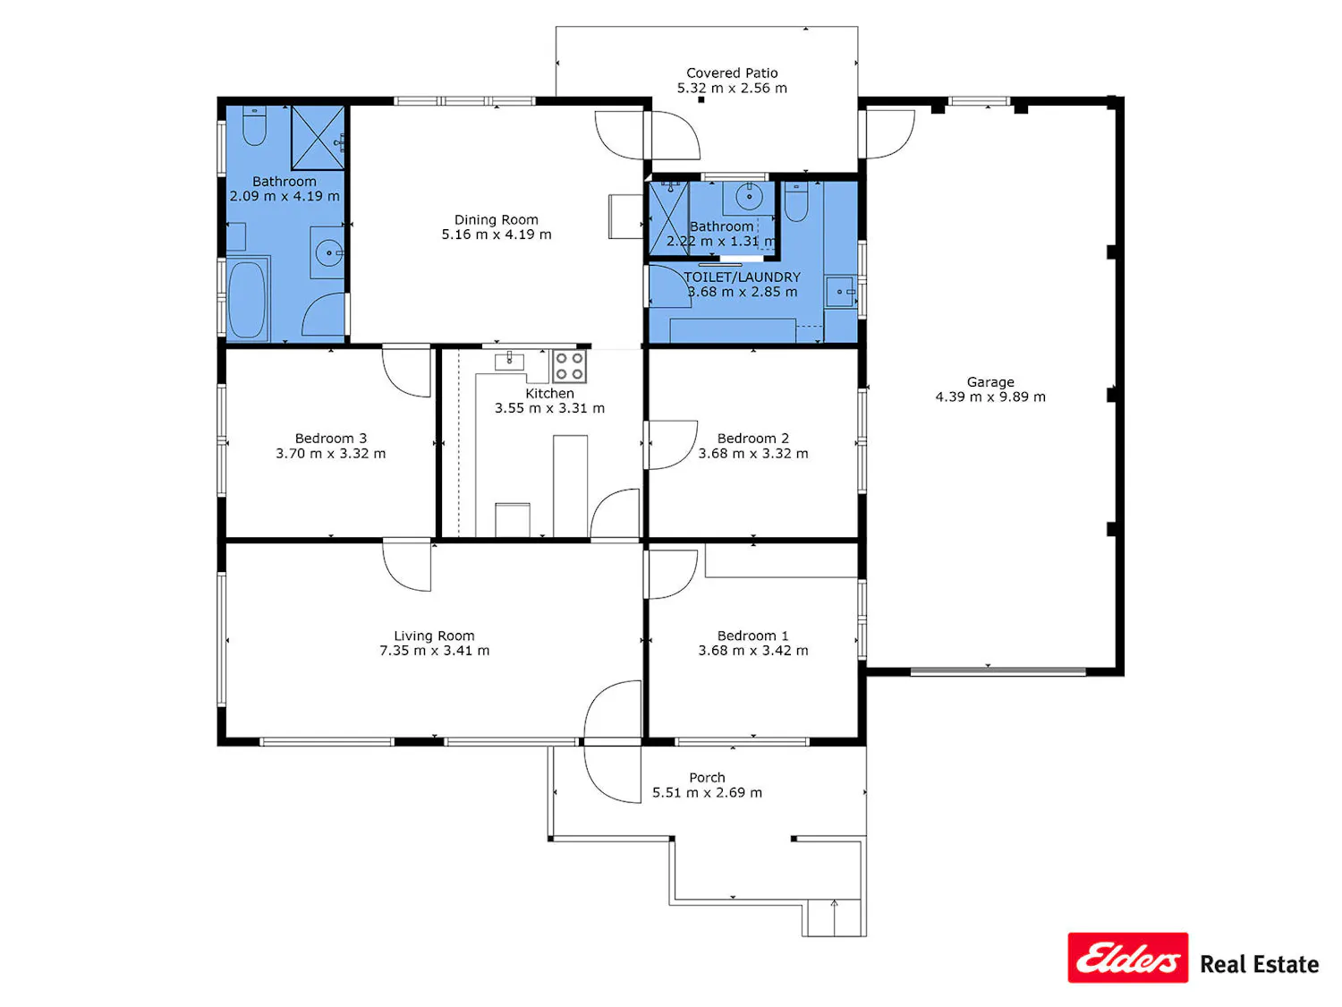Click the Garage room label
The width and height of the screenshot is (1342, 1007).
click(x=990, y=381)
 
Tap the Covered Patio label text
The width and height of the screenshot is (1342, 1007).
click(x=731, y=73)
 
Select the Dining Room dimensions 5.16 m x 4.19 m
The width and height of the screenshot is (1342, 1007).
click(x=496, y=235)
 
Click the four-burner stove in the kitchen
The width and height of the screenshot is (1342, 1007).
click(x=569, y=365)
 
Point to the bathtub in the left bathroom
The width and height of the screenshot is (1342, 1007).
click(x=246, y=300)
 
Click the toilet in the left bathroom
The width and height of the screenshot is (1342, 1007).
click(x=254, y=126)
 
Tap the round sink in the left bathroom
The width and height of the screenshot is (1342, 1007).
click(x=329, y=252)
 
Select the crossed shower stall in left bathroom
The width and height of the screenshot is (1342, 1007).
click(x=318, y=138)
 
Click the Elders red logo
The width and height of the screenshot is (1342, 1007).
click(x=1126, y=957)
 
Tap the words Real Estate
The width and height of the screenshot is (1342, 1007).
click(x=1258, y=964)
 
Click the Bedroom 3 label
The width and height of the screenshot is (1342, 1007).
click(x=330, y=439)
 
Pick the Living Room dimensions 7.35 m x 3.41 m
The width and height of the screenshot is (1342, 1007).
click(x=434, y=650)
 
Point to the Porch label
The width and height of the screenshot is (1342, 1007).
click(x=706, y=777)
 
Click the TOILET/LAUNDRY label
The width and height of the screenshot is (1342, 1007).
click(x=742, y=277)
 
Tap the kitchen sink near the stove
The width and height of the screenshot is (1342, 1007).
click(x=509, y=361)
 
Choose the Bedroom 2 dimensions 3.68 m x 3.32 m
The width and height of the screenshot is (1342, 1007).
click(x=752, y=453)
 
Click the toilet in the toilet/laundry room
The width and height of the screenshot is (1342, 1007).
click(x=795, y=201)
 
